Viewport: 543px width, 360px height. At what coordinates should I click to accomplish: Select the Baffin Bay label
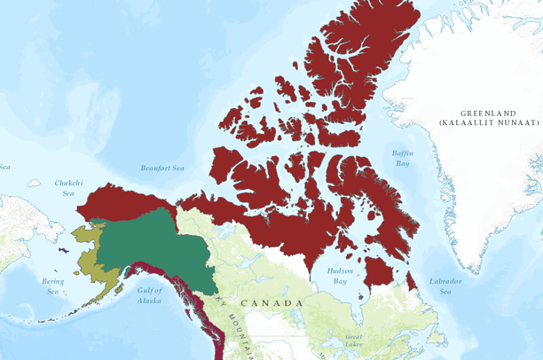[402, 159]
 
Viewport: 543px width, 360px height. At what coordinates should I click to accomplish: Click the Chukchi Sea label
[67, 187]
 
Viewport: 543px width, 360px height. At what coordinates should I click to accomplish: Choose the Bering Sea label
[52, 286]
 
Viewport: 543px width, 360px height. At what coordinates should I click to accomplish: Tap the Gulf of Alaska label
[149, 294]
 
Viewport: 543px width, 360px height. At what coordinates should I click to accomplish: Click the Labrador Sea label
[445, 286]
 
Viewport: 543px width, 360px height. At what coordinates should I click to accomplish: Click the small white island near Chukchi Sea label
[34, 184]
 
